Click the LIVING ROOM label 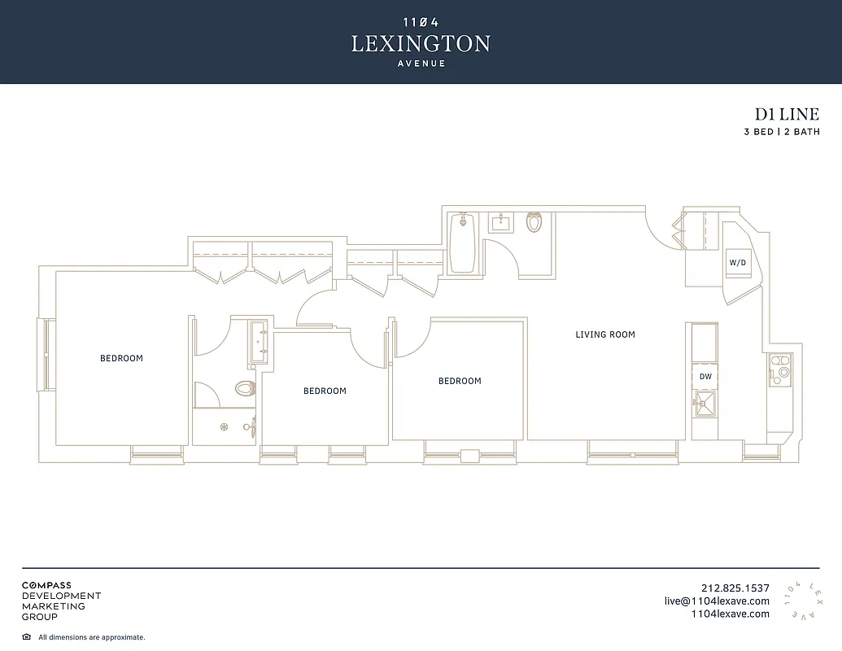click(604, 334)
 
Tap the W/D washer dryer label click(737, 263)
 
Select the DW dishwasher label click(705, 377)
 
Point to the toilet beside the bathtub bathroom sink click(534, 222)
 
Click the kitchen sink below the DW click(705, 402)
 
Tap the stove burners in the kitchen click(779, 367)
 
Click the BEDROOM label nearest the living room click(460, 381)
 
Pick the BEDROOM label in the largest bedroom click(121, 358)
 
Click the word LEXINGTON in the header click(421, 44)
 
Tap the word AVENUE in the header click(421, 64)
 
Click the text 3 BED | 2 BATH click(781, 132)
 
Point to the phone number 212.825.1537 click(735, 588)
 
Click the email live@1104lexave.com click(717, 601)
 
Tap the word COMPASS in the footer click(46, 585)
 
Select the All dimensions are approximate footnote click(91, 637)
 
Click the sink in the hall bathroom click(500, 222)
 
